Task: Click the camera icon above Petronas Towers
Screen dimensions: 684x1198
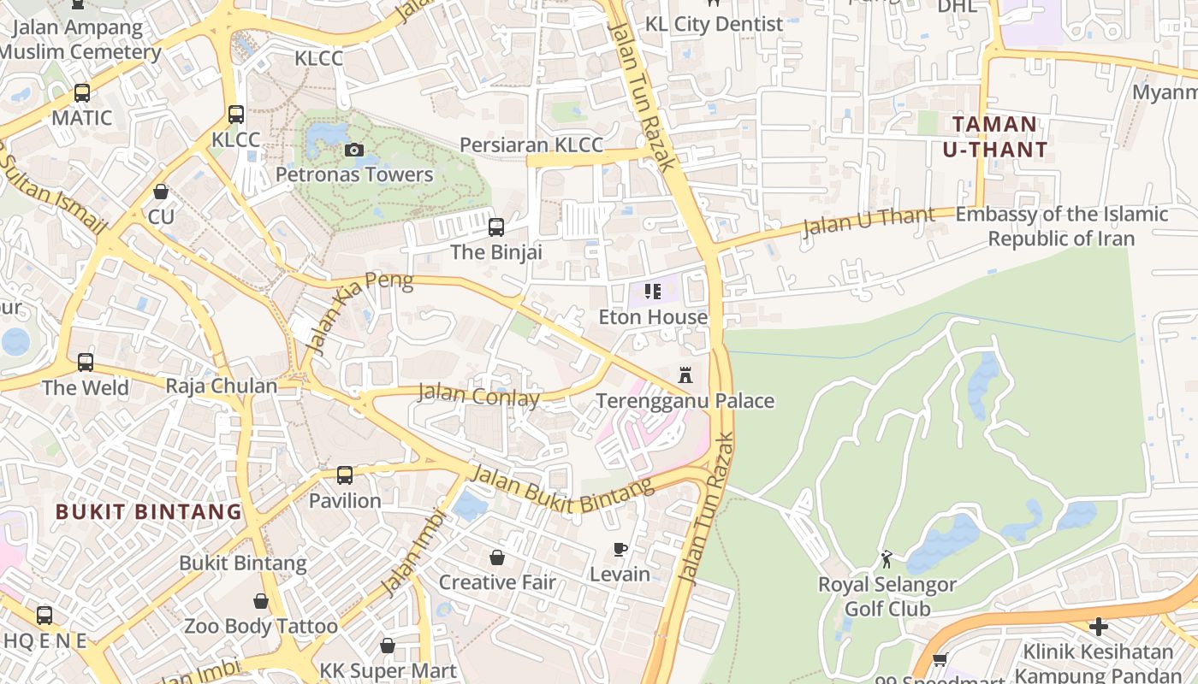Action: [353, 150]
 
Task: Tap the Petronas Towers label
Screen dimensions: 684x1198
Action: [354, 174]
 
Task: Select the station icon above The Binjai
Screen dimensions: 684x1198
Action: [496, 227]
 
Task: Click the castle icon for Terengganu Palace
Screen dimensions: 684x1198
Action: [685, 375]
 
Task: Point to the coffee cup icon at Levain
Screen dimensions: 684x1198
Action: [620, 549]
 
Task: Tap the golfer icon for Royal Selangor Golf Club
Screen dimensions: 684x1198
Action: [887, 560]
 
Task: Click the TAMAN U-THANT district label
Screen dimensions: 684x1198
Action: [994, 137]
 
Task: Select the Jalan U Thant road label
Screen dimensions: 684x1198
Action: [869, 221]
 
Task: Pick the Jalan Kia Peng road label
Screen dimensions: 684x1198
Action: [359, 311]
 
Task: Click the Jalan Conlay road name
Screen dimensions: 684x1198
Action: [478, 395]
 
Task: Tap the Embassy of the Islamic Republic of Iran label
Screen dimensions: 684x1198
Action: [1061, 226]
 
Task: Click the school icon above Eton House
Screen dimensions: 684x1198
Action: [653, 292]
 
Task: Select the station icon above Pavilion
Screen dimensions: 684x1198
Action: [345, 475]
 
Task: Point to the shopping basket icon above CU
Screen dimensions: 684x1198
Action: [161, 192]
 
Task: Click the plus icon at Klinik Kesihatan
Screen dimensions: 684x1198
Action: [1099, 627]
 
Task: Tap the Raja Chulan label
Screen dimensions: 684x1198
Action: [222, 386]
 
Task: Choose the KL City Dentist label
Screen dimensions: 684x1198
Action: [714, 24]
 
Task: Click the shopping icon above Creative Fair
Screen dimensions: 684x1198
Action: [497, 557]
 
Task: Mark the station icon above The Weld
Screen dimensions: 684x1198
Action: [86, 363]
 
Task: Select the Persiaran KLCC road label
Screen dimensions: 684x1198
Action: [531, 144]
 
